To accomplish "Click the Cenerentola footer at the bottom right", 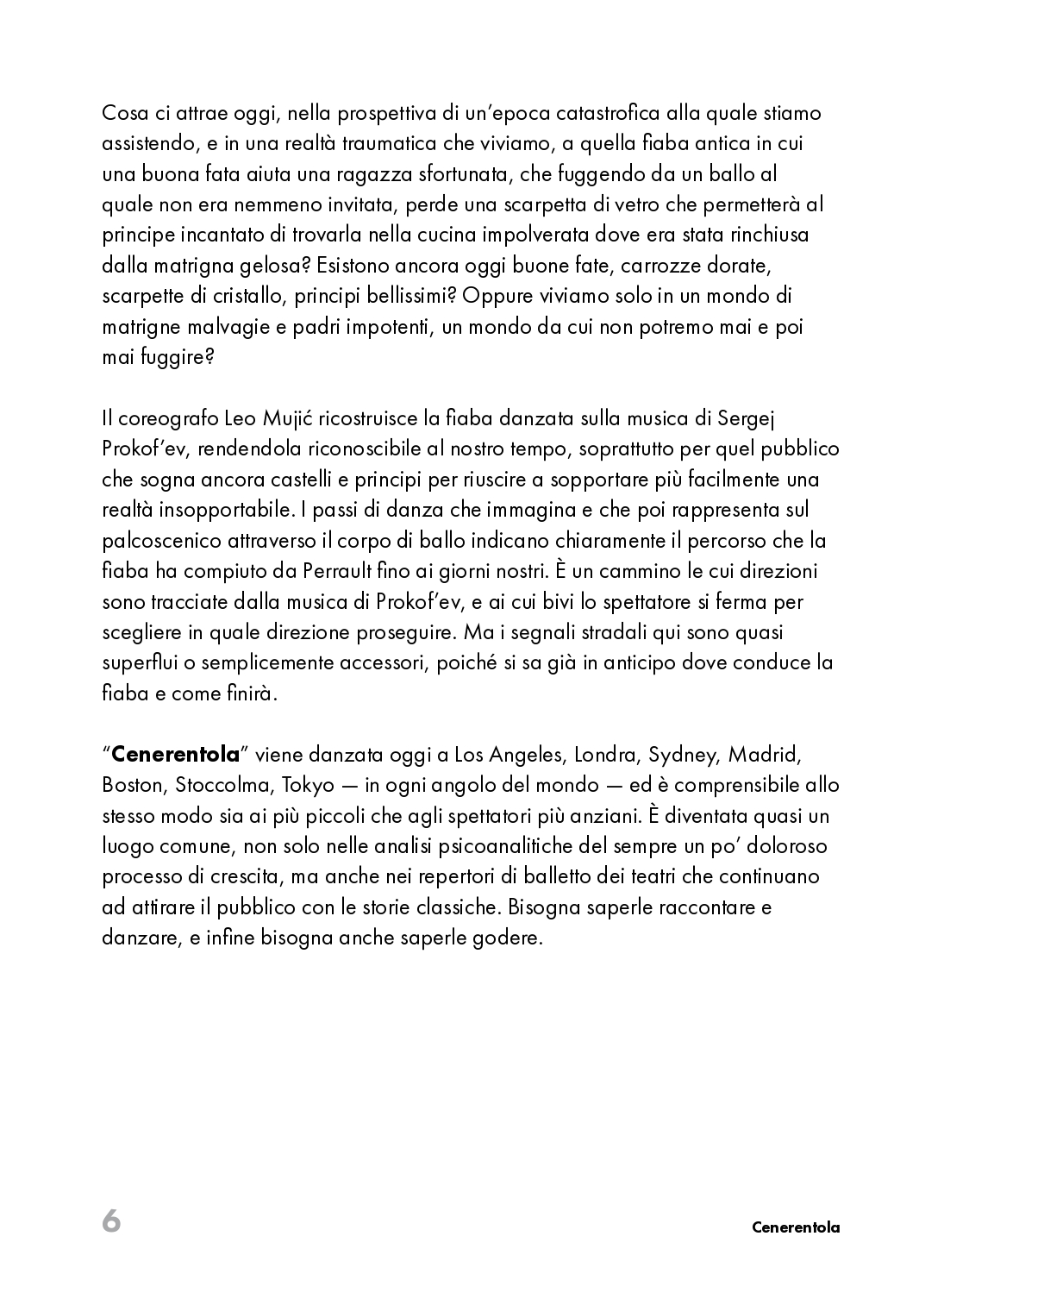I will [x=795, y=1227].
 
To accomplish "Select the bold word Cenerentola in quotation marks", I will [x=175, y=755].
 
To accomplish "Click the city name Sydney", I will [x=682, y=755].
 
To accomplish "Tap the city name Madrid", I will [x=765, y=755].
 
